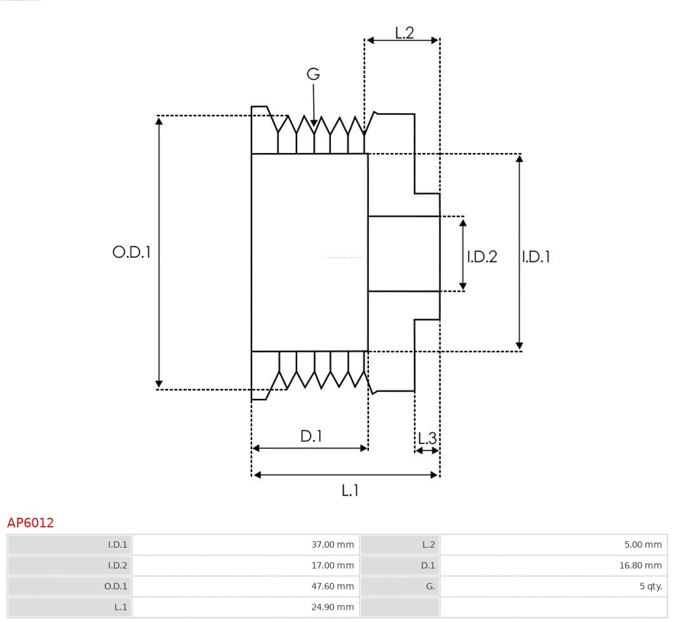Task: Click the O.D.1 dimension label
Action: (x=131, y=252)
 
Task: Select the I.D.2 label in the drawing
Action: (x=482, y=257)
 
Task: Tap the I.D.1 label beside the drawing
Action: (x=535, y=257)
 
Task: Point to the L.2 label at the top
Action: (x=405, y=32)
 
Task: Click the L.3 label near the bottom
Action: (x=427, y=438)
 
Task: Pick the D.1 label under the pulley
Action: (x=311, y=436)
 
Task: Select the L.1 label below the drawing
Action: (x=351, y=490)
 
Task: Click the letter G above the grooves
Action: (x=313, y=74)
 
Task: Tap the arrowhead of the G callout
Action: (x=314, y=122)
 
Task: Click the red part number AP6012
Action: (x=30, y=523)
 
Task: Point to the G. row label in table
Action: (x=430, y=586)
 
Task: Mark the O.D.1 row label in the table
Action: (x=116, y=586)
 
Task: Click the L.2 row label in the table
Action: (x=429, y=544)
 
